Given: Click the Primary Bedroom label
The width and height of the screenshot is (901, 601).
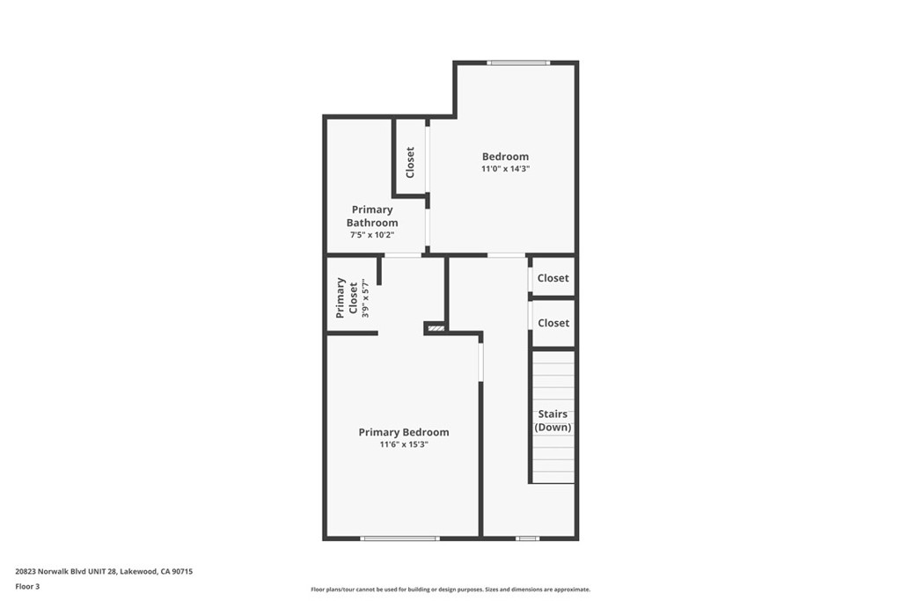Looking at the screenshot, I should point(403,432).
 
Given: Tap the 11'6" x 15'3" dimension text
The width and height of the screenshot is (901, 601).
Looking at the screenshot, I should point(403,445).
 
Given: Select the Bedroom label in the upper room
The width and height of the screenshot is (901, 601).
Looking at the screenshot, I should point(505,157).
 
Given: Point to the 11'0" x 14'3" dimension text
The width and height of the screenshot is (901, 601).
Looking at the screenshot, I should point(505,169).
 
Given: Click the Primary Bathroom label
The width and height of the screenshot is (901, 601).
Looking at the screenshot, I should point(372,216).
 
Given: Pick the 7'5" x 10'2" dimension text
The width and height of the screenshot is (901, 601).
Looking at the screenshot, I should point(372,235).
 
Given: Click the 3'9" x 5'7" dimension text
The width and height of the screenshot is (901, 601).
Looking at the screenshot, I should point(364,297).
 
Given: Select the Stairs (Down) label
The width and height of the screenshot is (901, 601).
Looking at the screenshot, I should point(553,421).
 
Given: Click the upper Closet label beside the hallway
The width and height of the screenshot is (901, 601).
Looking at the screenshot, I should point(553,278).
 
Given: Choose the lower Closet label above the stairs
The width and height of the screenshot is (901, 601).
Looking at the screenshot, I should point(553,323).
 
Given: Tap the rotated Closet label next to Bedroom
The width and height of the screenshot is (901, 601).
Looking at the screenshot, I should point(410,163).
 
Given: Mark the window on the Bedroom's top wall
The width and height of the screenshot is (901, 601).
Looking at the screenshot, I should point(519,62).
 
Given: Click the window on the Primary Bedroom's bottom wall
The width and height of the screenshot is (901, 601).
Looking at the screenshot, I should point(399,538).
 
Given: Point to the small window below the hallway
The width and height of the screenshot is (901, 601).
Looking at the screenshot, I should point(527,538).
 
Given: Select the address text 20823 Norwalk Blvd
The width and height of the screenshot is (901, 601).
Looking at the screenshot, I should point(104,571).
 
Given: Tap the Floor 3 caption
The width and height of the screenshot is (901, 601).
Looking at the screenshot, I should point(27,586).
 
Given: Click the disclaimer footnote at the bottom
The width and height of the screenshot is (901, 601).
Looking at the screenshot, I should point(450,590).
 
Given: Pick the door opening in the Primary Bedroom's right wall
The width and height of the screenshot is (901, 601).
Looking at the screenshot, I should point(480,362).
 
